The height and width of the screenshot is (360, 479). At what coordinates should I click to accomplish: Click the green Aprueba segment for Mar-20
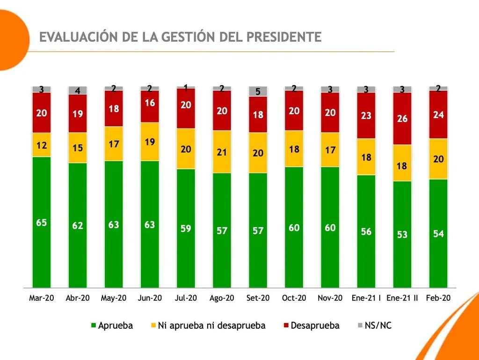42,222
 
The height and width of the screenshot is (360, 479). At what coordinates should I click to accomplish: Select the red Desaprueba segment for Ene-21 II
402,118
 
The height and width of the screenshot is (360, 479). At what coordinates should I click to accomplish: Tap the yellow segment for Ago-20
222,151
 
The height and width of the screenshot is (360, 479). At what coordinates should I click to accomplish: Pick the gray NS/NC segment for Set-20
258,91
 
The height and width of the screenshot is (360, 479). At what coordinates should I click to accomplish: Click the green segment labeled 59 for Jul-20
186,228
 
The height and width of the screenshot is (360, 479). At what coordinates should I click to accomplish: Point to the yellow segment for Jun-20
150,142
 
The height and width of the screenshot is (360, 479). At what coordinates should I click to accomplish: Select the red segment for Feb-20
438,115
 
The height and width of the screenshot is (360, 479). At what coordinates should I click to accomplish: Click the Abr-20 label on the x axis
78,298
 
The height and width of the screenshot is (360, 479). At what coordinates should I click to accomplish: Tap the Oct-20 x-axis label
294,298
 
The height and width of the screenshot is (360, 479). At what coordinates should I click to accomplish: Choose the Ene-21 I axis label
366,298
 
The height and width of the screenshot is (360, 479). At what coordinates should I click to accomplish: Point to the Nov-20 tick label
330,298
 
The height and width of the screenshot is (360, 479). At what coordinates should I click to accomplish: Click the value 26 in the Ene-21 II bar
402,118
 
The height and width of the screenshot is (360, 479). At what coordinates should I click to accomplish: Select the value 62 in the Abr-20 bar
78,226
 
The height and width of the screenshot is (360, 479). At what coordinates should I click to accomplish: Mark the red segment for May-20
114,108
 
